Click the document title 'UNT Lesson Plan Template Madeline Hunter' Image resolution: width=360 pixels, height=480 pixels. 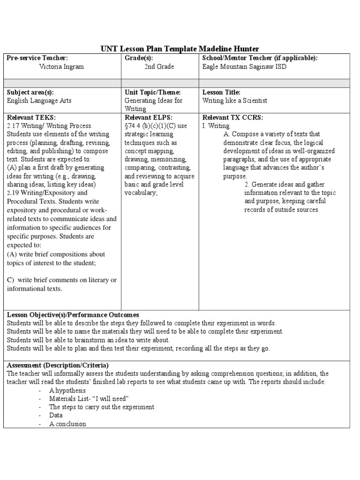(180, 49)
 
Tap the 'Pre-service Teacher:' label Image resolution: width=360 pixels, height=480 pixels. (37, 58)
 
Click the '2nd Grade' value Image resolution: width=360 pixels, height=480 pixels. (159, 67)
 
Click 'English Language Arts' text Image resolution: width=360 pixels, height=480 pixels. (39, 100)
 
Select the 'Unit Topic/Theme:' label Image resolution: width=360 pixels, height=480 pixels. (152, 92)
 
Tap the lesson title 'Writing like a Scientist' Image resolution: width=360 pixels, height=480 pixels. (234, 100)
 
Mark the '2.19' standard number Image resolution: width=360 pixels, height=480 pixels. (13, 193)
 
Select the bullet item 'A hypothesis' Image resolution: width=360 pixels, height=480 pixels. (67, 390)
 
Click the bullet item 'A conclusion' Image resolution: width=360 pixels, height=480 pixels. (67, 424)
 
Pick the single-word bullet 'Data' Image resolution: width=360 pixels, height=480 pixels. (56, 415)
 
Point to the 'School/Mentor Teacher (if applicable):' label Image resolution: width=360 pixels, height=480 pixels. (260, 58)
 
